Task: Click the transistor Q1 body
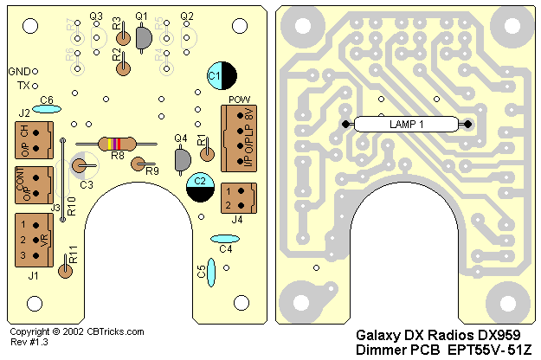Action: pos(142,37)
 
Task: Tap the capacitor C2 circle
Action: pos(201,186)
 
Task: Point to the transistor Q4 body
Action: pos(183,158)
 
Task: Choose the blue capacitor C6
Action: pos(47,109)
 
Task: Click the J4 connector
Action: pos(238,200)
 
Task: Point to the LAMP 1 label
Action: pos(407,125)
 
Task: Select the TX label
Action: pos(23,85)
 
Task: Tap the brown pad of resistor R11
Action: pos(65,271)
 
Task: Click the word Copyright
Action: pos(29,331)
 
